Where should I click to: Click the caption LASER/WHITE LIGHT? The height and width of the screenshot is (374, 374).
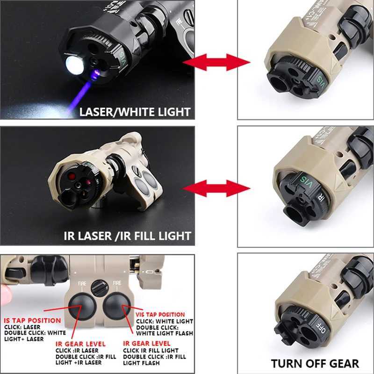135,112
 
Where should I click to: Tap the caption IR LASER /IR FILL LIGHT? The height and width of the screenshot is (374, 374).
127,236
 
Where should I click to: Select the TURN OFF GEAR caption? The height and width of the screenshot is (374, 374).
315,363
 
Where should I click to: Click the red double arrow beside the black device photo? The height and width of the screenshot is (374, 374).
216,62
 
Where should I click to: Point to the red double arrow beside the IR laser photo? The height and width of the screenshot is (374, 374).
216,188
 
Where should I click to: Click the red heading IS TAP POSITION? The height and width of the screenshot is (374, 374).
32,321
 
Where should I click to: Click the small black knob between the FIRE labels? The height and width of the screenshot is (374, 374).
100,286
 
